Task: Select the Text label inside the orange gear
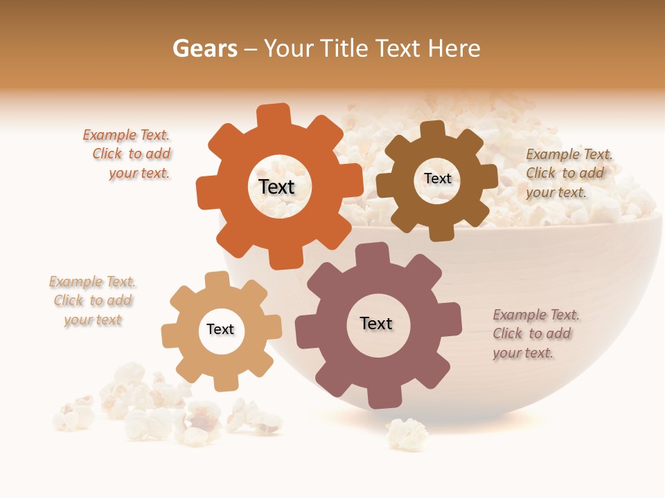[x=276, y=187]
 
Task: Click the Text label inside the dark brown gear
[x=437, y=178]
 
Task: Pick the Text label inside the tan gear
[x=220, y=329]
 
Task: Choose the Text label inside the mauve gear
[x=376, y=323]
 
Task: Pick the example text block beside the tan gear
[x=92, y=301]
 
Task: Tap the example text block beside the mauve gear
[x=534, y=333]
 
